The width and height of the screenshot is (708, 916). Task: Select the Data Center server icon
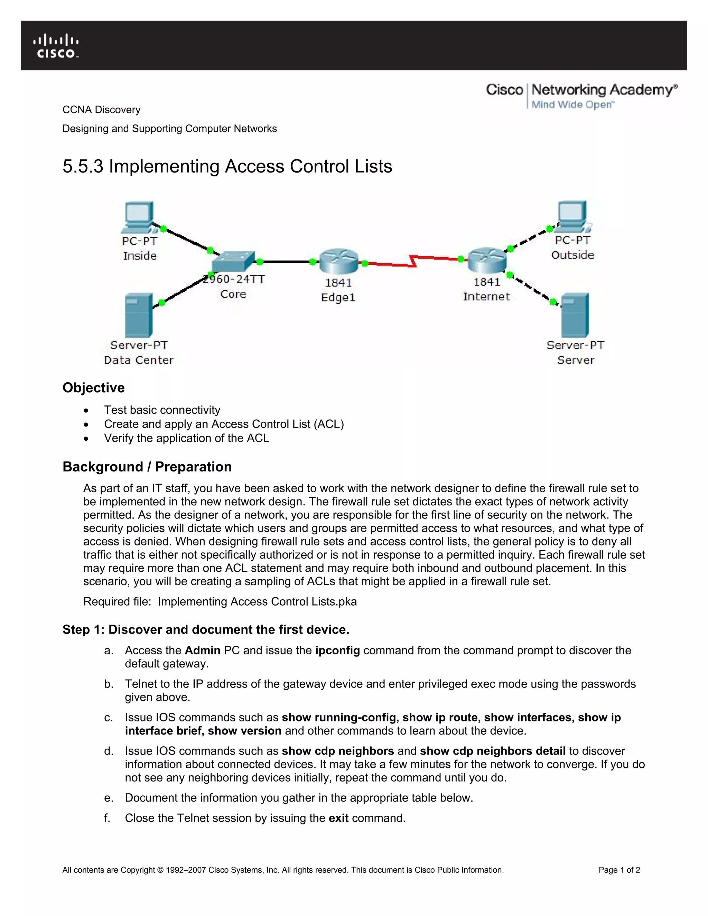pos(138,315)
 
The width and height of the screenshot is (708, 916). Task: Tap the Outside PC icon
pos(572,216)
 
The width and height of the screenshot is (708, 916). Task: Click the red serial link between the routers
pos(413,261)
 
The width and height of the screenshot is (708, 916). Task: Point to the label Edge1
pos(338,297)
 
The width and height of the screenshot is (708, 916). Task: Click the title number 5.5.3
pos(83,167)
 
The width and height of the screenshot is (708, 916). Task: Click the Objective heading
pos(94,387)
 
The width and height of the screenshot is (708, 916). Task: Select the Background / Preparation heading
pos(147,467)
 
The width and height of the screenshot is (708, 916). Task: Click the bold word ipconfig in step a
pos(337,650)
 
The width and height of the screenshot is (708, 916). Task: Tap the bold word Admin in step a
pos(202,650)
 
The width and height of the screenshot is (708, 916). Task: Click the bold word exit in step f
pos(338,818)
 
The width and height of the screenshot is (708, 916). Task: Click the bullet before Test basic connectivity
pos(86,410)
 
